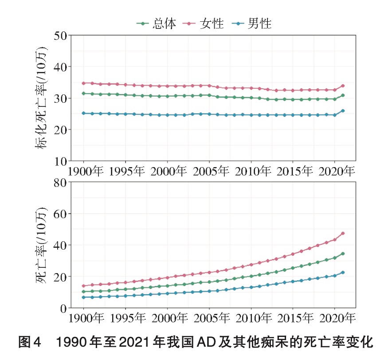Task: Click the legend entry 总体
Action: point(156,23)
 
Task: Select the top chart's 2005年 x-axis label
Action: point(209,172)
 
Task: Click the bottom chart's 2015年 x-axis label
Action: point(293,318)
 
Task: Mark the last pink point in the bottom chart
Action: point(343,233)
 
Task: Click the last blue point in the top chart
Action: point(343,111)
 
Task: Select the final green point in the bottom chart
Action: point(343,254)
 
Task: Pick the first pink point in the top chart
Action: point(84,83)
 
